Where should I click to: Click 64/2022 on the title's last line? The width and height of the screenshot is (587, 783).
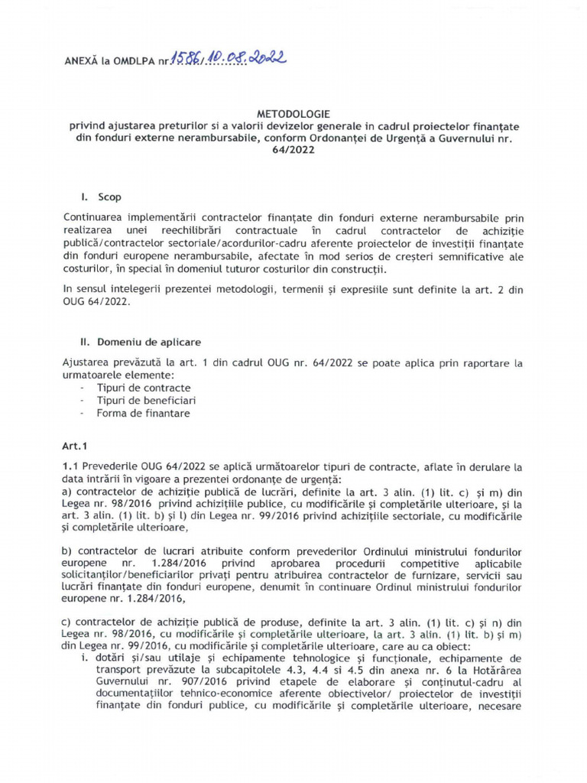[x=293, y=151]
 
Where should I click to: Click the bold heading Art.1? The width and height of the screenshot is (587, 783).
[x=75, y=444]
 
